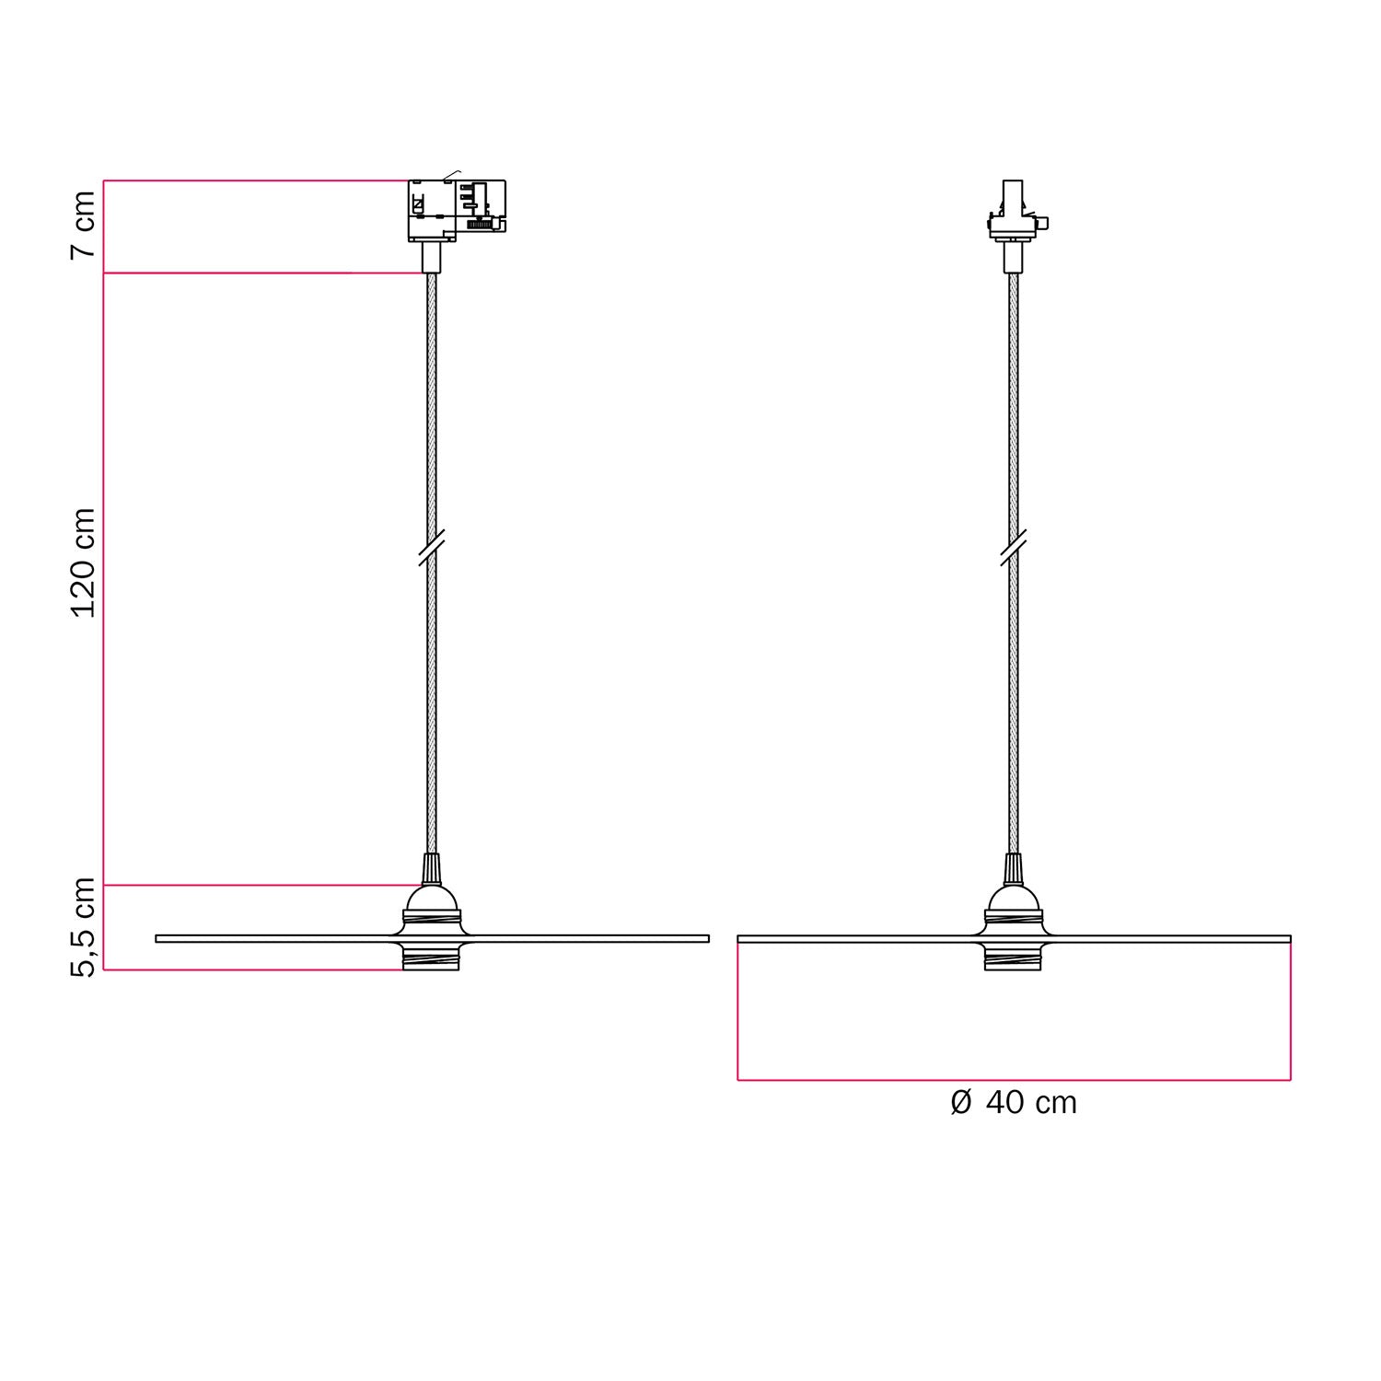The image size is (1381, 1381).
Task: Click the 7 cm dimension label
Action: pyautogui.click(x=83, y=226)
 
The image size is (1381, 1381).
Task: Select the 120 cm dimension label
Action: pyautogui.click(x=83, y=563)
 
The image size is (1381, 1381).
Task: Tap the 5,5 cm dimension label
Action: pyautogui.click(x=83, y=926)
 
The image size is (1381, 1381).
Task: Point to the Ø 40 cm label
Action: pyautogui.click(x=1013, y=1102)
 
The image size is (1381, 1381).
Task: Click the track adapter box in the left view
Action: pyautogui.click(x=457, y=210)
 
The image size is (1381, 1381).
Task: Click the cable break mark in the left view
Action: pyautogui.click(x=431, y=547)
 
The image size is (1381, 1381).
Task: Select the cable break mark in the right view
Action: pyautogui.click(x=1013, y=547)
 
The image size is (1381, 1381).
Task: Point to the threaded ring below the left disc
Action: pyautogui.click(x=430, y=958)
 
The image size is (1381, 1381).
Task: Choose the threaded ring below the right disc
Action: pyautogui.click(x=1013, y=958)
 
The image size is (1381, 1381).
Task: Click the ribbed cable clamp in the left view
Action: pyautogui.click(x=430, y=868)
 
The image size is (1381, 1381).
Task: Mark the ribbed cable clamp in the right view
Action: pyautogui.click(x=1013, y=868)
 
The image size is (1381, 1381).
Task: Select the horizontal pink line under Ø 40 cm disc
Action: pyautogui.click(x=1013, y=1079)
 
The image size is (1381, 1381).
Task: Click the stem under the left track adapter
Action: pyautogui.click(x=430, y=257)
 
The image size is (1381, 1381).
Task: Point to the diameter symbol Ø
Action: pyautogui.click(x=960, y=1102)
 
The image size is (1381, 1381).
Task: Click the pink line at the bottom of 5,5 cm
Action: pyautogui.click(x=253, y=969)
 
